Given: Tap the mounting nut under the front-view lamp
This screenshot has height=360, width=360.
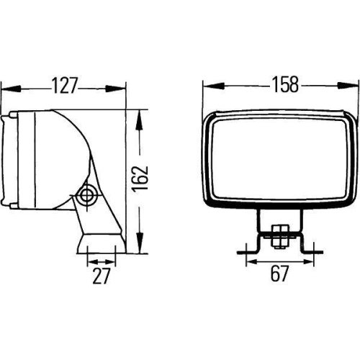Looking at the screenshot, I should [278, 232].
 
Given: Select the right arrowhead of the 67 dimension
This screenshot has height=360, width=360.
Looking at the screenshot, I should [305, 253].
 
